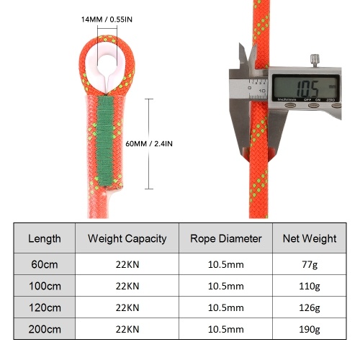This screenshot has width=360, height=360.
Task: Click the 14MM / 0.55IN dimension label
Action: click(107, 19)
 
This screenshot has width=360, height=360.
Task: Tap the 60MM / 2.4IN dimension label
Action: click(149, 144)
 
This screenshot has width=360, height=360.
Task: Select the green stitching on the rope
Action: click(105, 141)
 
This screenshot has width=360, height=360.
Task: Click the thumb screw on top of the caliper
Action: click(315, 60)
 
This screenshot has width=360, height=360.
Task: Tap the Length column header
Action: click(45, 239)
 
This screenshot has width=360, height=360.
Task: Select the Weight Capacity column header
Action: click(127, 239)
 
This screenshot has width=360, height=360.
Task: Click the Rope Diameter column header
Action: click(226, 239)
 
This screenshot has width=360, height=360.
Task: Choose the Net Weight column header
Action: click(310, 239)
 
